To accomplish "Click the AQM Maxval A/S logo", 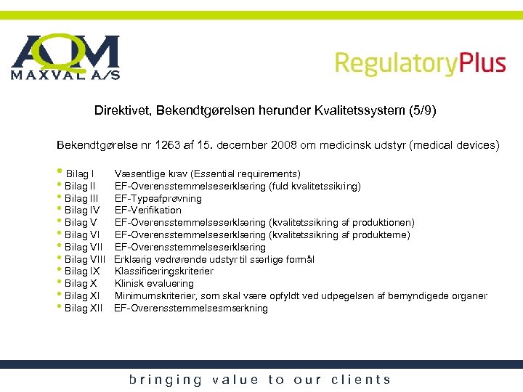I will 65,57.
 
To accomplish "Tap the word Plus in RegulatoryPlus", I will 482,63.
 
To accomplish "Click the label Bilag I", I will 79,174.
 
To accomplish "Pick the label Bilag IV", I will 82,211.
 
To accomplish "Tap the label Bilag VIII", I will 85,259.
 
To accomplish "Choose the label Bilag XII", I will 84,309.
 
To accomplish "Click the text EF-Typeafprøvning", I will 158,198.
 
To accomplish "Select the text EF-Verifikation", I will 148,211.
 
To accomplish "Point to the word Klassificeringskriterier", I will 164,271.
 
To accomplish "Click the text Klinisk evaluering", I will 154,284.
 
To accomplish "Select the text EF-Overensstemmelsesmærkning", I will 191,309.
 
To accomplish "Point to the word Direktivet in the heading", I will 119,111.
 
